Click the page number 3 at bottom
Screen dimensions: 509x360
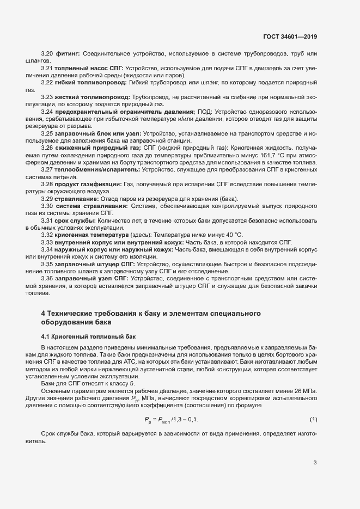click(314, 463)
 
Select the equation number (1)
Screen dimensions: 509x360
click(313, 419)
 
